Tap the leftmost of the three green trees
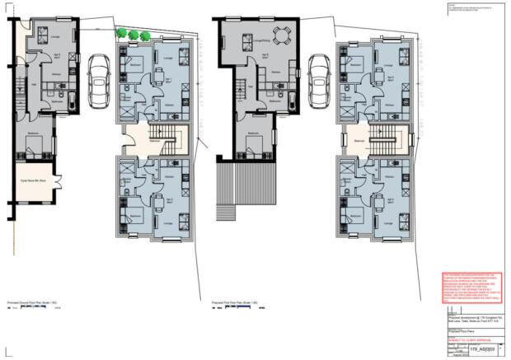point(122,34)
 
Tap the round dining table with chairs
point(283,36)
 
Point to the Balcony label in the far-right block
point(359,141)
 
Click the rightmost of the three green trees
point(145,34)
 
